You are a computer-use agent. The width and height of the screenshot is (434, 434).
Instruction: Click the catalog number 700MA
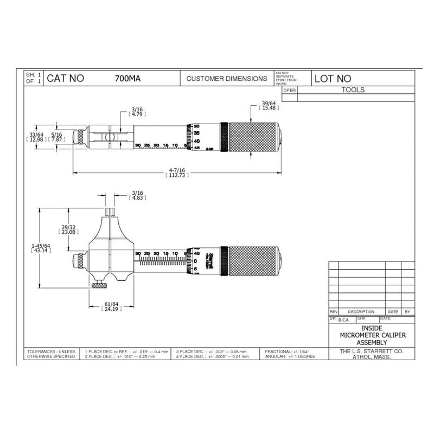pos(128,78)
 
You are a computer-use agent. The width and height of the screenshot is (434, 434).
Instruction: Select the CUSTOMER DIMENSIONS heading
pos(226,79)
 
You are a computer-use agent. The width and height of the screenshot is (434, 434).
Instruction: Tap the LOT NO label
pos(333,79)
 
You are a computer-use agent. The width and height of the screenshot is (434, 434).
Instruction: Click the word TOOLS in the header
pos(353,90)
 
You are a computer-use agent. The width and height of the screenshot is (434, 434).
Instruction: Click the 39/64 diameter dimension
pos(269,106)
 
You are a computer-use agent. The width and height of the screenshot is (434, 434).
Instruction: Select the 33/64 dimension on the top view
pos(36,136)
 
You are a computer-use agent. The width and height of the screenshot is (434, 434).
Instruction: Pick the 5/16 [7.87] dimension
pos(56,136)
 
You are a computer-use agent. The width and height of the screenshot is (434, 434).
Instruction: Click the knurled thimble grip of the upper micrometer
pos(253,136)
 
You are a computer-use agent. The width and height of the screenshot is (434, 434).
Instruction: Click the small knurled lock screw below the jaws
pos(99,286)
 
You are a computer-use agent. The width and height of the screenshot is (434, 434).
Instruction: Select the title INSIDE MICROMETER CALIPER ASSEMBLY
pos(365,336)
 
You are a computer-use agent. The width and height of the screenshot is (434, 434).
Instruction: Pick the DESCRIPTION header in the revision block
pos(361,312)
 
